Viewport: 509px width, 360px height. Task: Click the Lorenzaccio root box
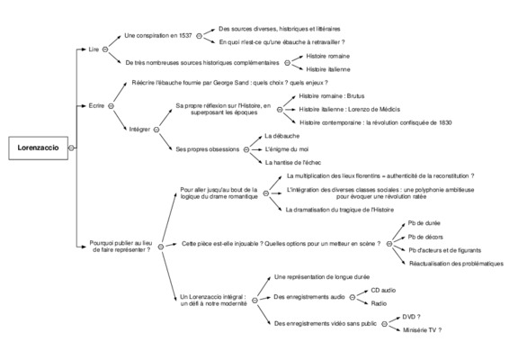39,148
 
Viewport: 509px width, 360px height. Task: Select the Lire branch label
94,49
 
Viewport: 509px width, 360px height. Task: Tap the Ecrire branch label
96,105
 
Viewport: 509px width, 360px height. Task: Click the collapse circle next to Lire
105,49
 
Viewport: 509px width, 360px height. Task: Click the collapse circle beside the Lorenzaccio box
71,148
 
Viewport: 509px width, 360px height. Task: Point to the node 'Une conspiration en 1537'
158,36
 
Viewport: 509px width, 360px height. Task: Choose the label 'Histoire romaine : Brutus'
332,96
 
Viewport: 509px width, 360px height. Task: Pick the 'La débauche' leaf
281,136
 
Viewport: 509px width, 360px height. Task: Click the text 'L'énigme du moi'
287,149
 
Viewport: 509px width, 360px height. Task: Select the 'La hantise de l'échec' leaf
293,163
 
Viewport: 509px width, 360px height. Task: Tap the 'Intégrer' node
139,130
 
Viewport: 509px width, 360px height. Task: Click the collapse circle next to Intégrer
156,130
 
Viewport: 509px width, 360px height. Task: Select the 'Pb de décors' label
425,237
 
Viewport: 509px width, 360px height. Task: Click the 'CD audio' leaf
383,290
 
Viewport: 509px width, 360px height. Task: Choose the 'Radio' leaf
379,303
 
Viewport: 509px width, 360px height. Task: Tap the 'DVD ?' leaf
411,317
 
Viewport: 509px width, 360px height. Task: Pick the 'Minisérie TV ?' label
422,330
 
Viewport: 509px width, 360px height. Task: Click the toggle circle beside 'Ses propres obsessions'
246,149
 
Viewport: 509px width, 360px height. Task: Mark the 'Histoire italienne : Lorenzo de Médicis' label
349,110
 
